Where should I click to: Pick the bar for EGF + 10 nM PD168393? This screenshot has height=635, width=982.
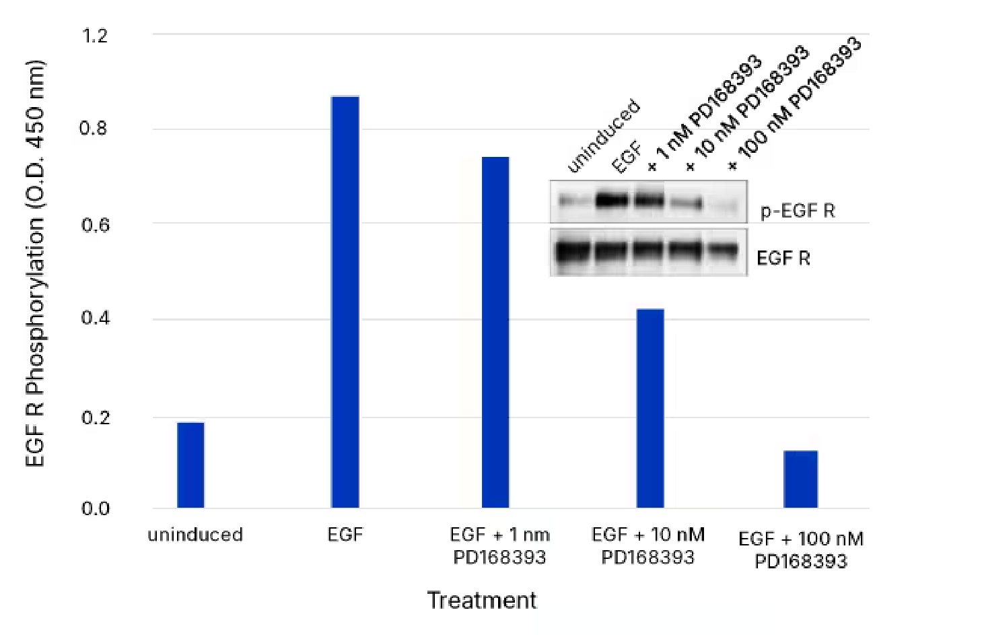[x=650, y=408]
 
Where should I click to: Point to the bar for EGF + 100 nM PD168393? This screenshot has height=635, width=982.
[x=800, y=479]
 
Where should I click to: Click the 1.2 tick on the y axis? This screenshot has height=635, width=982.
[x=94, y=35]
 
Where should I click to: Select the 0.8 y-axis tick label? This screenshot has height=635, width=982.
[x=94, y=128]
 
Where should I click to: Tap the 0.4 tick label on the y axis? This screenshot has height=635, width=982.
[x=94, y=318]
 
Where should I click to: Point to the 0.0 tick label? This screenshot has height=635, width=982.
[x=95, y=508]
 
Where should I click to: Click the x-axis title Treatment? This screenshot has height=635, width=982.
[x=482, y=600]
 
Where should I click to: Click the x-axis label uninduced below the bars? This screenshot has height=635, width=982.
[x=195, y=535]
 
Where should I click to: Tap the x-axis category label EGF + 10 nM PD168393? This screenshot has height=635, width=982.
[x=648, y=545]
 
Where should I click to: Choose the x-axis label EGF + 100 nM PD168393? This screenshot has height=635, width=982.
[x=800, y=549]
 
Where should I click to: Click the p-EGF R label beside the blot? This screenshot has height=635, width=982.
[x=798, y=211]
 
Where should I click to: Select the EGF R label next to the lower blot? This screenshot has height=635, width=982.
[x=783, y=259]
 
